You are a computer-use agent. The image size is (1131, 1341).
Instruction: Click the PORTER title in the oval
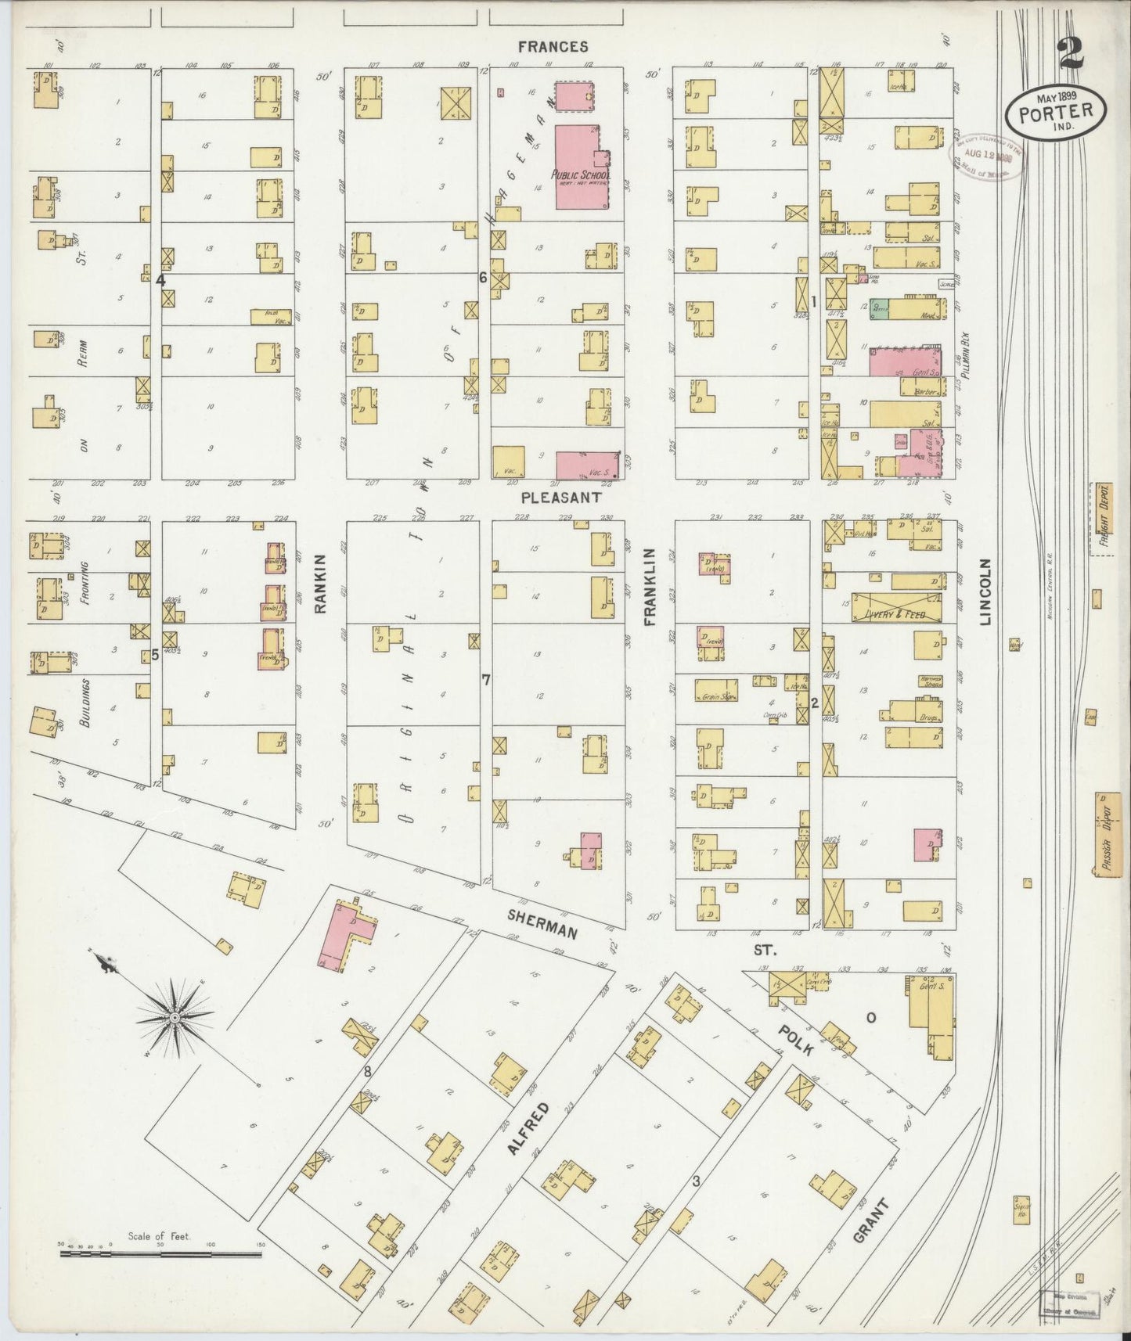[1056, 113]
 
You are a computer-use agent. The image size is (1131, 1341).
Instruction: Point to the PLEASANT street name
[561, 497]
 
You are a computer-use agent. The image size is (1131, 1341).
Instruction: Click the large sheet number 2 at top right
[1069, 53]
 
